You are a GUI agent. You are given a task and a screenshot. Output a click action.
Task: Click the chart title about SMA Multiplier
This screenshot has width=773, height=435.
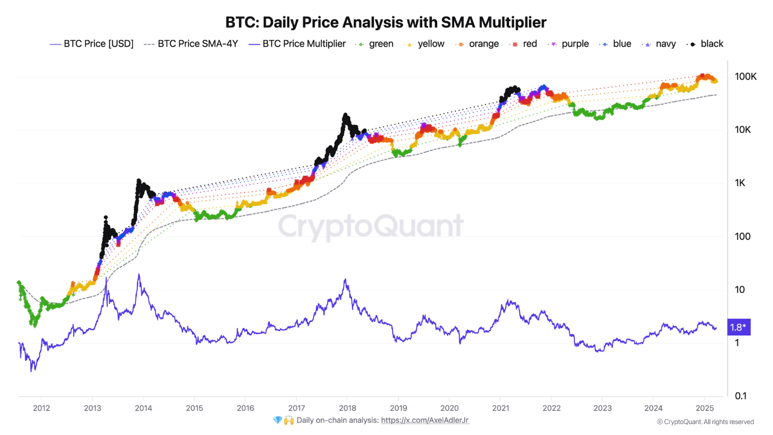386,22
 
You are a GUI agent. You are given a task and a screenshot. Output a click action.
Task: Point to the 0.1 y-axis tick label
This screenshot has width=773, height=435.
741,396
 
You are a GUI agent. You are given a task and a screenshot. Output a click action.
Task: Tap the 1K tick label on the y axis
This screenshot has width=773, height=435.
740,183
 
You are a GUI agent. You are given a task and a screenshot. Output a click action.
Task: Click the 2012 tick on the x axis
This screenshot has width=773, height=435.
41,408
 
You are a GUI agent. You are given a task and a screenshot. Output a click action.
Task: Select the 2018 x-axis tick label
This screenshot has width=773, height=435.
347,408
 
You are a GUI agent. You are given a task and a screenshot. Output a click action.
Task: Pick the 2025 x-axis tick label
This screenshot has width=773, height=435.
704,408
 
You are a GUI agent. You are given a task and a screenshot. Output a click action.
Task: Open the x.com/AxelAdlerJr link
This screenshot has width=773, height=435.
425,420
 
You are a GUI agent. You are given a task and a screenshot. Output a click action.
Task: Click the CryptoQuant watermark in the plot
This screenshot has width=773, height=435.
370,227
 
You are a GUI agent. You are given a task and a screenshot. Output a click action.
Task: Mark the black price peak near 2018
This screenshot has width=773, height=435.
345,114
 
